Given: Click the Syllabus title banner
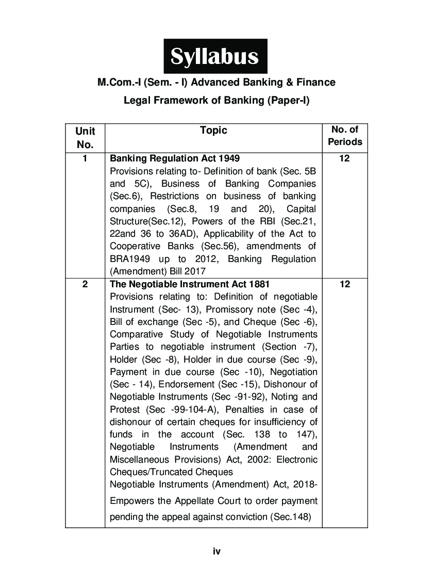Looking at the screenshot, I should [x=215, y=56].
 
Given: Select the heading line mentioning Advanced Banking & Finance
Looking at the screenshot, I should [x=216, y=83].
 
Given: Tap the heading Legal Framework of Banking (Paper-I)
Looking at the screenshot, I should [x=216, y=101].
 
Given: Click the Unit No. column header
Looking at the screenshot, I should [x=85, y=138].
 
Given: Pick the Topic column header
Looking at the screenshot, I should [x=213, y=130].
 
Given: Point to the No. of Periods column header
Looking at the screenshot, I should [x=345, y=136].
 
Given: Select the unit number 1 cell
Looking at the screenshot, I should [x=85, y=158].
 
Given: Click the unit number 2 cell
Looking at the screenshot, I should [x=85, y=284].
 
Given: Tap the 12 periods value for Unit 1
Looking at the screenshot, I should [x=345, y=158].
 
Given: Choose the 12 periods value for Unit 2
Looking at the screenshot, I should [x=345, y=284].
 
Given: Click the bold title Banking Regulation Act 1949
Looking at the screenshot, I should [x=175, y=158].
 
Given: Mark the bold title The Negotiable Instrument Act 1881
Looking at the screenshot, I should [x=190, y=284].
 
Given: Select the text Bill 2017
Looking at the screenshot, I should [x=193, y=271].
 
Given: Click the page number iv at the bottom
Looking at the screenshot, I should [x=216, y=551].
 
